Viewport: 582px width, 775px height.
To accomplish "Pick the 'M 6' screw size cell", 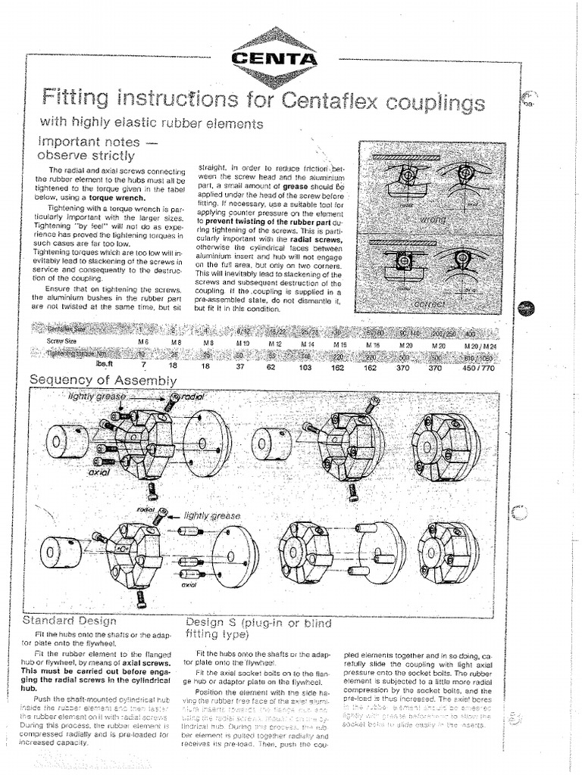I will [x=142, y=342].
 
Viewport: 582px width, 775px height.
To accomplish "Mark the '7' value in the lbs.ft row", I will [x=142, y=365].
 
